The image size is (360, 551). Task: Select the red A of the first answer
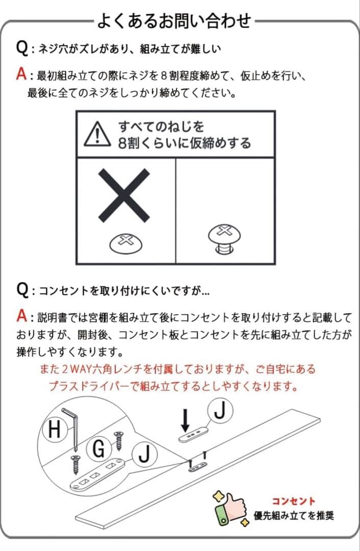click(x=21, y=75)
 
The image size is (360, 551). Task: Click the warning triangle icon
click(x=97, y=134)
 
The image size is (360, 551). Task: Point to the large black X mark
click(x=124, y=194)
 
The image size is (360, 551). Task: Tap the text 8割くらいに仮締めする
click(x=184, y=143)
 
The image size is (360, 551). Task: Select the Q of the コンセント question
click(x=22, y=290)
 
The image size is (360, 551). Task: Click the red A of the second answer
click(x=21, y=317)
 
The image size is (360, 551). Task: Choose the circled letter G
click(x=99, y=449)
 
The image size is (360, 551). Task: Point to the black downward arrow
click(x=186, y=419)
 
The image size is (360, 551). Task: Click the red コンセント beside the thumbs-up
click(x=293, y=501)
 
